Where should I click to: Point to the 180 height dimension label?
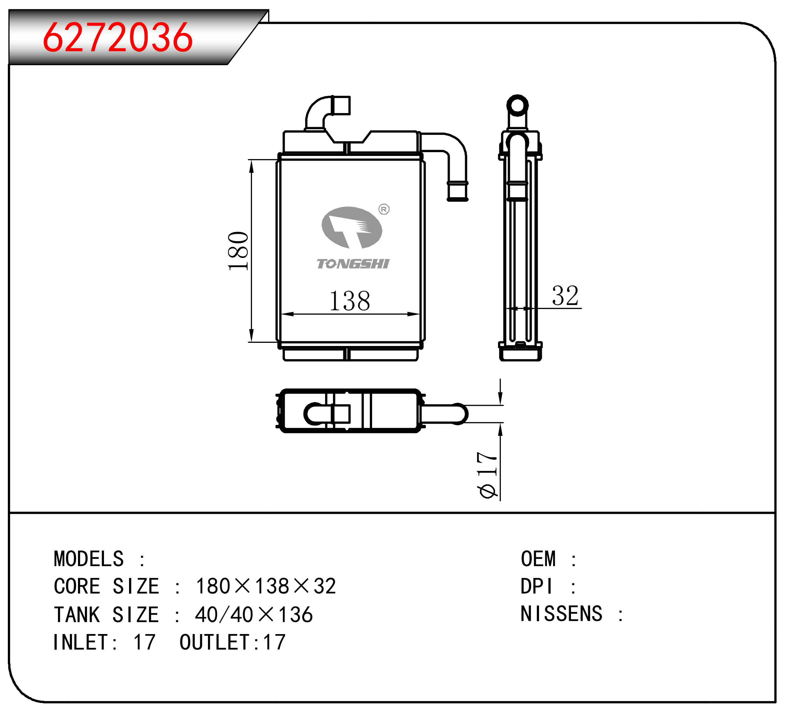(x=238, y=251)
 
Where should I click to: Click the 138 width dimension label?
(x=350, y=301)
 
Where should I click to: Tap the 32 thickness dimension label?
(x=565, y=296)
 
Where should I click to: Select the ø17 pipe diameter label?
(x=487, y=475)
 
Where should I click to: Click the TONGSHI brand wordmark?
(x=353, y=264)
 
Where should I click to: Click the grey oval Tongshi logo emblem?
(x=352, y=228)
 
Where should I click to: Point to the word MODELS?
(x=89, y=559)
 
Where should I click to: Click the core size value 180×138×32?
(x=266, y=586)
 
